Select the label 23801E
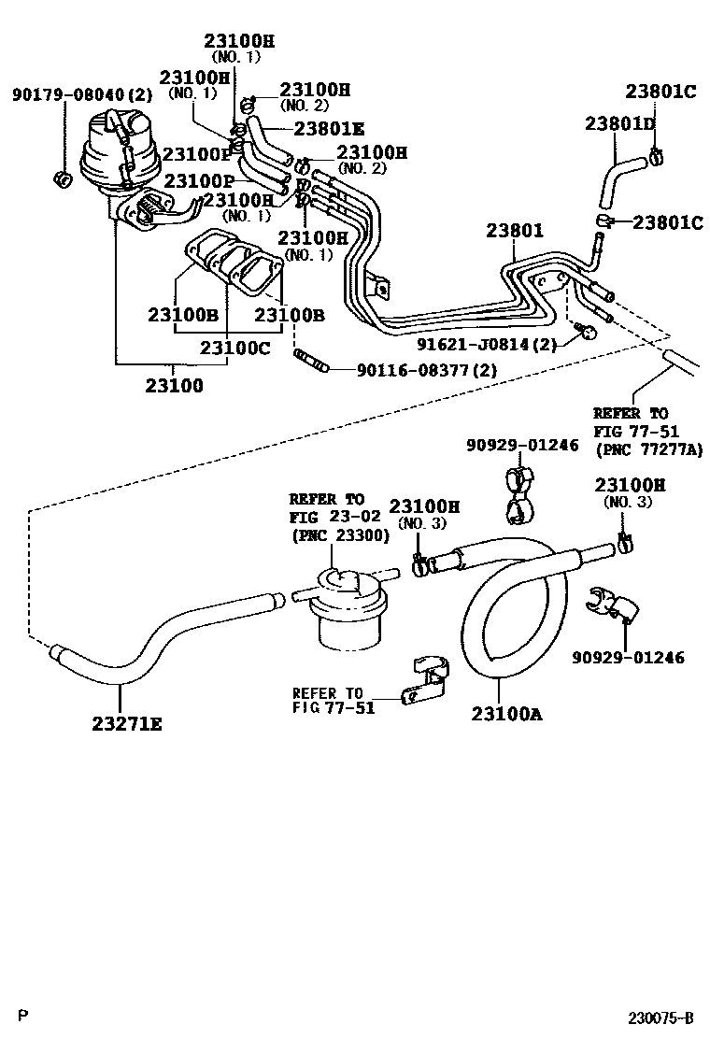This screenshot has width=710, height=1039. [329, 130]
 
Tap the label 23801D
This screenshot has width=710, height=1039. [620, 123]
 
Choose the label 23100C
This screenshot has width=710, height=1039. [235, 347]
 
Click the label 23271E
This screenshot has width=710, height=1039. [126, 721]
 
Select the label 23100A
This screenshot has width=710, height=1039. [506, 714]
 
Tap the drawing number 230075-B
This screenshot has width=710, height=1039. [660, 1017]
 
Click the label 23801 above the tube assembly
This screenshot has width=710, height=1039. [514, 232]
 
